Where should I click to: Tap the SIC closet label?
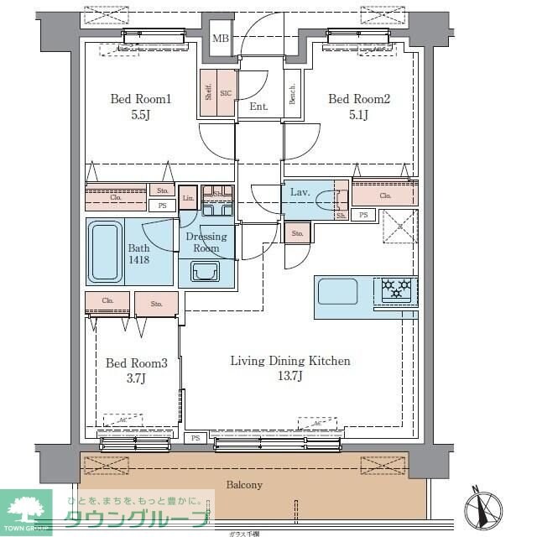pos(226,93)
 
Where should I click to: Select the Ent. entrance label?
pos(258,107)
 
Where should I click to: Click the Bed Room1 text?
pos(141,100)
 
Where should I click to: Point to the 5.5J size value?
pos(141,116)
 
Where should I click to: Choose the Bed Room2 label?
pos(359,100)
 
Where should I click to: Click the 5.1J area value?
pos(359,116)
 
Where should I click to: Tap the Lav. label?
pos(300,192)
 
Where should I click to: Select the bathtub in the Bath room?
pos(105,249)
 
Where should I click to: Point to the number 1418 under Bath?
pos(139,261)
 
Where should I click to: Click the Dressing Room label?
pos(206,242)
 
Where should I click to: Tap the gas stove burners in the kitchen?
pos(398,289)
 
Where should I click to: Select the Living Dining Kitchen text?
pos(290,361)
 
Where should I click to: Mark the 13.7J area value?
pos(290,377)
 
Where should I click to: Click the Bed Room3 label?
pos(137,363)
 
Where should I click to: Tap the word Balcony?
pos(244,485)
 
